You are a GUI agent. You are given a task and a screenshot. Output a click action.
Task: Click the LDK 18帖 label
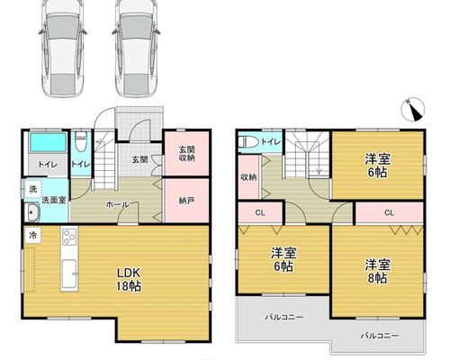pyautogui.click(x=129, y=280)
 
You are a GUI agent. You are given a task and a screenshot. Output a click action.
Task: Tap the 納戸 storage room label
pyautogui.click(x=186, y=201)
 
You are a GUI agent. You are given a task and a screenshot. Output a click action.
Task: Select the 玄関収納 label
pyautogui.click(x=186, y=154)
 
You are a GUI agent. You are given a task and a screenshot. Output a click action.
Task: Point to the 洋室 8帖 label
pyautogui.click(x=377, y=272)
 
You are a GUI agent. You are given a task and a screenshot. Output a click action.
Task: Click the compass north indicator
pyautogui.click(x=413, y=110)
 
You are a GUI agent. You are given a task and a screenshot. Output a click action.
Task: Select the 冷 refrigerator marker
pyautogui.click(x=33, y=236)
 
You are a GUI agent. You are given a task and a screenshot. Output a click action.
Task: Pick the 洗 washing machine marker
pyautogui.click(x=33, y=189)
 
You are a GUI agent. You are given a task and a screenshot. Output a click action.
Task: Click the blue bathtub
pyautogui.click(x=49, y=142)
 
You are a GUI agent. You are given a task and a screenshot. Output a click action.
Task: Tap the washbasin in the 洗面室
pyautogui.click(x=31, y=212)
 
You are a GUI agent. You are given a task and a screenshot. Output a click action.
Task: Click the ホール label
pyautogui.click(x=117, y=205)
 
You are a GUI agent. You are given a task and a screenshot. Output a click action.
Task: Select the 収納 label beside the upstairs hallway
pyautogui.click(x=248, y=177)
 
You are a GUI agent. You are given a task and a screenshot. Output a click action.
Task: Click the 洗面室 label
pyautogui.click(x=54, y=200)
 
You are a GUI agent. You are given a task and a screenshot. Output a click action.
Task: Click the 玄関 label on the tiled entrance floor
pyautogui.click(x=139, y=159)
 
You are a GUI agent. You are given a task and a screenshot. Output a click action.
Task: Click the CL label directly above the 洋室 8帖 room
pyautogui.click(x=389, y=212)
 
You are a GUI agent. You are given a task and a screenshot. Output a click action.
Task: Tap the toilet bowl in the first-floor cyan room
pyautogui.click(x=80, y=142)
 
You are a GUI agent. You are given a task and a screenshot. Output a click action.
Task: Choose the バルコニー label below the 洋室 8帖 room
pyautogui.click(x=380, y=336)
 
